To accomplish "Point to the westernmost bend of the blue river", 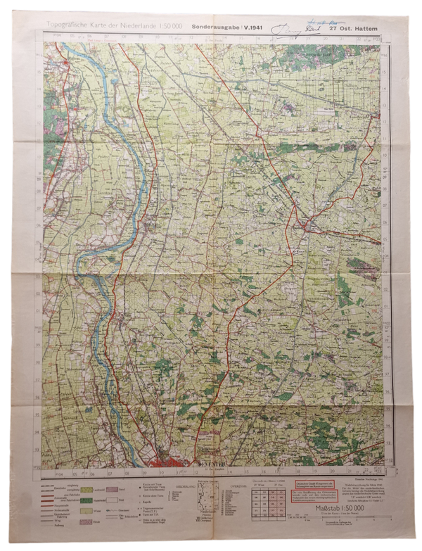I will pos(79,263).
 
